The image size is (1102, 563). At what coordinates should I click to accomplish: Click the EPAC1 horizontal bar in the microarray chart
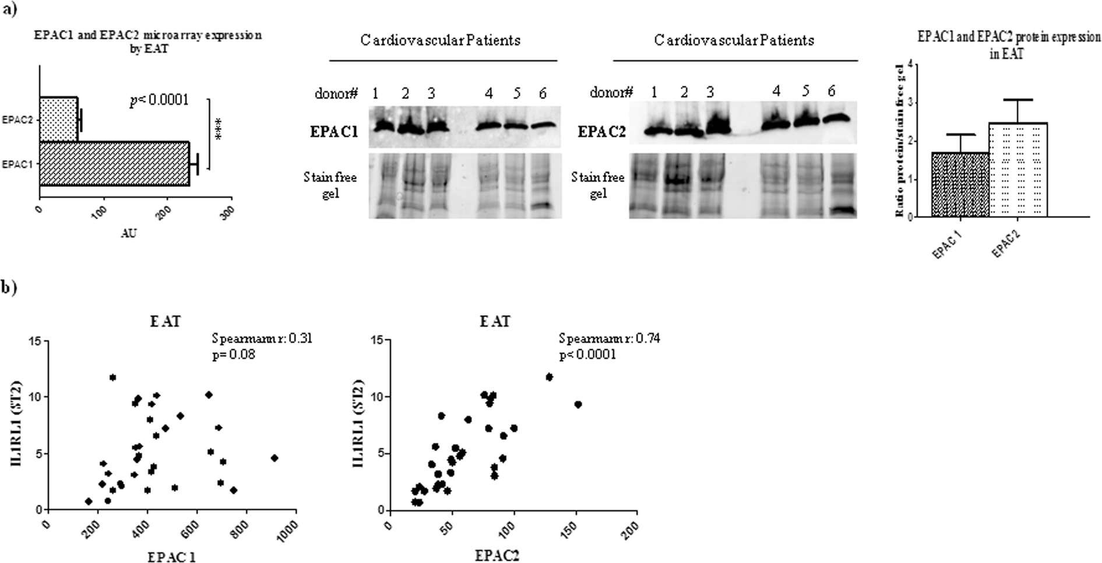[x=114, y=164]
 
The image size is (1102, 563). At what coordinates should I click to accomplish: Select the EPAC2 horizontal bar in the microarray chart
[x=59, y=119]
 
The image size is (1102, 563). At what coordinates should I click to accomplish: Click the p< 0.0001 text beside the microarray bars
[x=159, y=100]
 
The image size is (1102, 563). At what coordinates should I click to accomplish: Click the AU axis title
[x=129, y=234]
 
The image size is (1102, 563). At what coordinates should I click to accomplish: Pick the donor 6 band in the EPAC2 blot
[x=836, y=118]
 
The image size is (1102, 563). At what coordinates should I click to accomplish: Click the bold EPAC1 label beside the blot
[x=334, y=132]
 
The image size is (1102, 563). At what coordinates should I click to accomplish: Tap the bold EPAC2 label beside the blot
[x=601, y=132]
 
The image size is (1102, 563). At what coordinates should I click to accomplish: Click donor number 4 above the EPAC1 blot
[x=488, y=93]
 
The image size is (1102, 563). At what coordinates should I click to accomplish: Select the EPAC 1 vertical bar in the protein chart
[x=960, y=184]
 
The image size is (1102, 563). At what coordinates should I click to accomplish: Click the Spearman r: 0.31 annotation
[x=262, y=339]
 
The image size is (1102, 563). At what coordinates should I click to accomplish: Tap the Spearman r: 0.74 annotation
[x=609, y=339]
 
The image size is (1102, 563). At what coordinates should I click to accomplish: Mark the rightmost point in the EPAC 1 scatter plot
[x=274, y=458]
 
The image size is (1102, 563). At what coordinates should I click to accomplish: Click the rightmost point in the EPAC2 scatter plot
[x=578, y=404]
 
